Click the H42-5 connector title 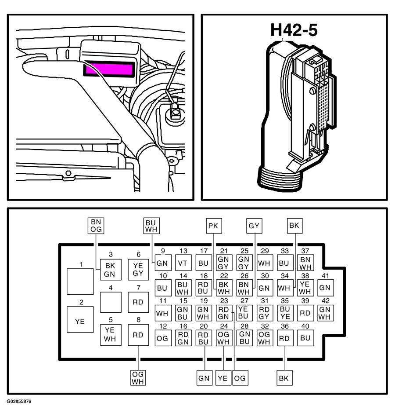(294, 30)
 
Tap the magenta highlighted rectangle (108, 69)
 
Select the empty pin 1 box (80, 282)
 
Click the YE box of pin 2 (80, 319)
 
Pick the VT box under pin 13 (183, 263)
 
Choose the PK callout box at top (214, 226)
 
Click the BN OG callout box (96, 226)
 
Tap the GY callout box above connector (254, 226)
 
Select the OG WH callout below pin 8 (138, 378)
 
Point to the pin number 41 (325, 276)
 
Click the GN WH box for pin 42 (326, 313)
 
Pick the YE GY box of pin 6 (138, 269)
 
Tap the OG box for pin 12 (163, 338)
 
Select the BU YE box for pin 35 (285, 313)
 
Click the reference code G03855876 (19, 401)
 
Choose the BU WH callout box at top (151, 226)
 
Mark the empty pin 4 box (111, 302)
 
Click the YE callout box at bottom (223, 378)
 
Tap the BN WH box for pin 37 (305, 263)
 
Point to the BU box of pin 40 (305, 338)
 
